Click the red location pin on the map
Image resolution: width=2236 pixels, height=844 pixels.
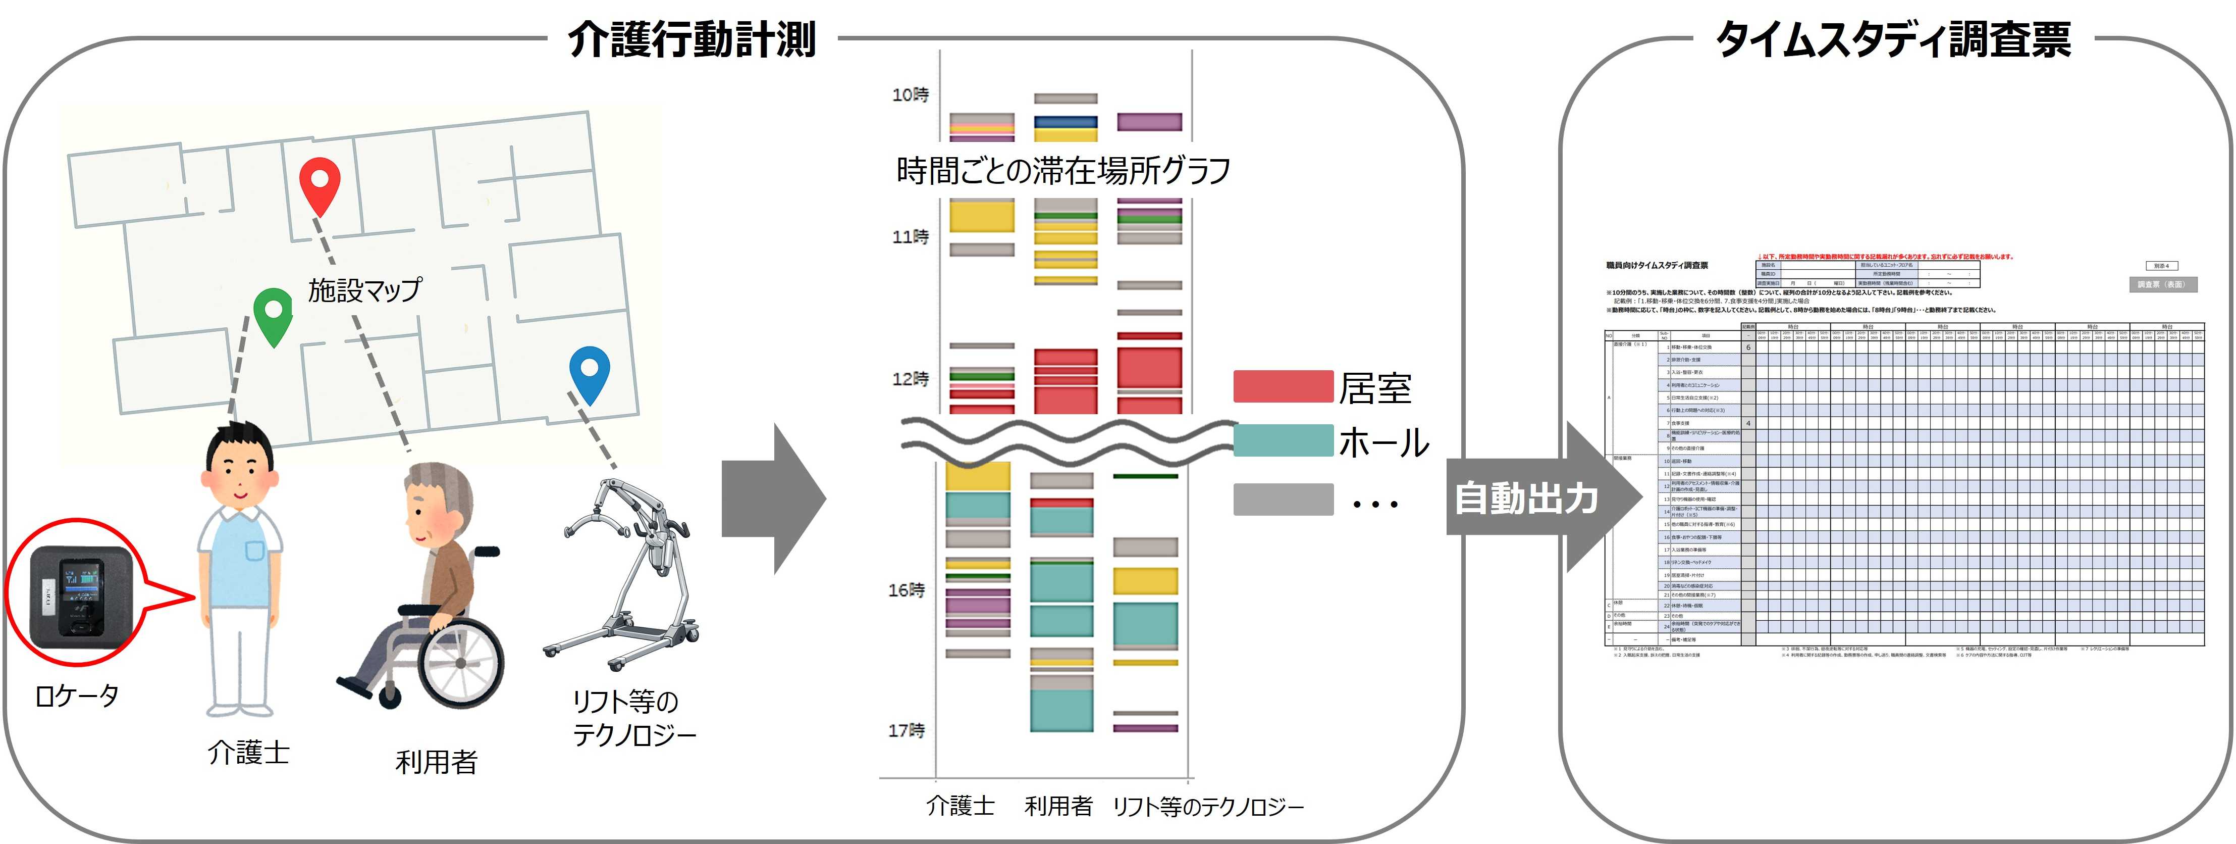[x=320, y=184]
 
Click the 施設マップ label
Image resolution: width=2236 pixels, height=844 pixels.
[x=364, y=289]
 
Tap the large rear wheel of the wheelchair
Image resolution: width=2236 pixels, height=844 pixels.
[x=460, y=660]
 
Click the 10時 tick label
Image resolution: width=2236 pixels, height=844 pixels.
[x=910, y=94]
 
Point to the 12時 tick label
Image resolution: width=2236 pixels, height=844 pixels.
[x=910, y=379]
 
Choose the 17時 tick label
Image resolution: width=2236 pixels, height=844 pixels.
[x=906, y=730]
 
